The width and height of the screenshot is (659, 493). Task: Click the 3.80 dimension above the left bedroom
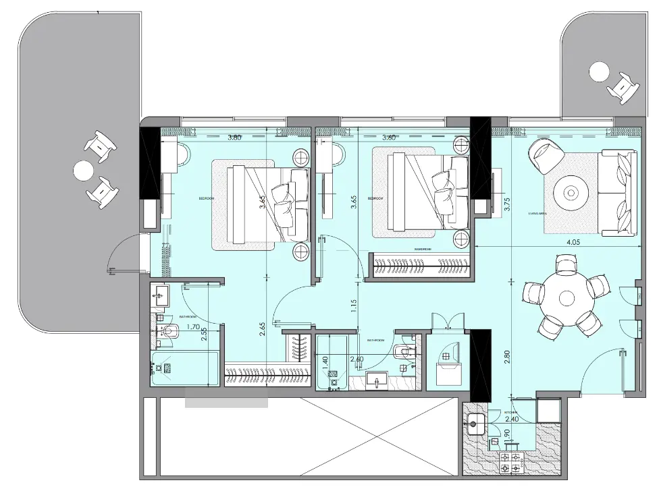234,138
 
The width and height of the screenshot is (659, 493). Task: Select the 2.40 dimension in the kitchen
511,418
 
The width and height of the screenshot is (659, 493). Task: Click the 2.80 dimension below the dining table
506,357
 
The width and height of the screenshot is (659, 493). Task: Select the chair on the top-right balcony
624,87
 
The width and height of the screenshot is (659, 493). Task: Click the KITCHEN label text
510,411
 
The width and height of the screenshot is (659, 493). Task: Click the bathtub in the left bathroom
184,368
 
